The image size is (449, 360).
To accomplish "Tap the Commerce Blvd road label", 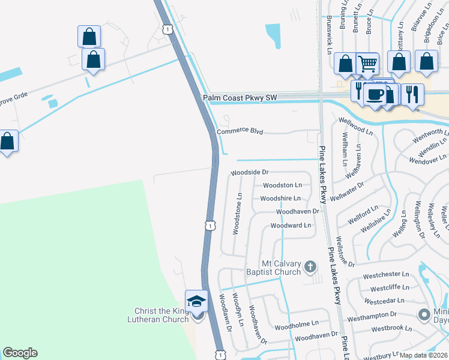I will pos(240,131).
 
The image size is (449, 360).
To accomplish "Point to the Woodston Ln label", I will pos(282,185).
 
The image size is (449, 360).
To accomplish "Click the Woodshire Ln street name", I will pos(280,199).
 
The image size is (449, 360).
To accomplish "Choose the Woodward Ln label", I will pos(291,226).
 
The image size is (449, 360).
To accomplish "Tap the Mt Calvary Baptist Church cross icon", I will pos(310,266).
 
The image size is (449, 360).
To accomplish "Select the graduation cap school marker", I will pos(196,301).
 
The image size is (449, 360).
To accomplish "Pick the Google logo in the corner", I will pos(20,353).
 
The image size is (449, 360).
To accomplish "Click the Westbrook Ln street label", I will pos(391,328).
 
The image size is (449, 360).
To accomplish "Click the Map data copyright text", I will pos(424,355).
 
